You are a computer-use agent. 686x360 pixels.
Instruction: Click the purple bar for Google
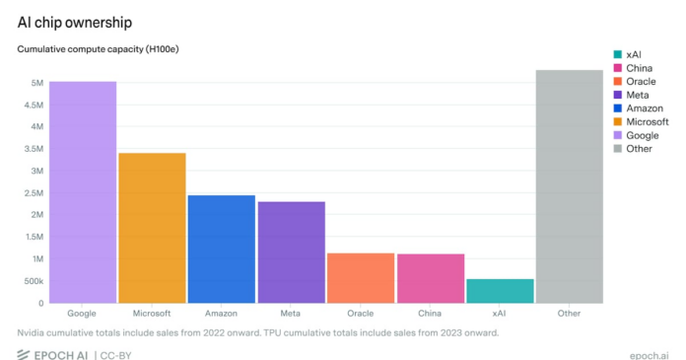point(83,192)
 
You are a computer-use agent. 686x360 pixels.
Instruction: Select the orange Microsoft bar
point(153,228)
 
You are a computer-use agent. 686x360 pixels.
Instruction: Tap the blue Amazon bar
point(222,249)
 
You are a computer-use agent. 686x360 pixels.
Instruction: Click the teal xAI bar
point(500,291)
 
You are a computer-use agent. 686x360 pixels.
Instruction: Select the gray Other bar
point(569,186)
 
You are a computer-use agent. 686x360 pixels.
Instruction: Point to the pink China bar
point(431,278)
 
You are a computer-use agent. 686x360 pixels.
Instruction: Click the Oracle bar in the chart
point(361,278)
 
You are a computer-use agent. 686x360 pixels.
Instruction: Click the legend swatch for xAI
point(617,54)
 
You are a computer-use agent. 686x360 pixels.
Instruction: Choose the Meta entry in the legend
point(640,95)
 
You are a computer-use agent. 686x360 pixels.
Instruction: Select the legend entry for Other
point(640,149)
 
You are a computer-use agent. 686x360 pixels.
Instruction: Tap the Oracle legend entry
point(642,81)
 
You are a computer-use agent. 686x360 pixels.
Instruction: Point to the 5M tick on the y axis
point(35,83)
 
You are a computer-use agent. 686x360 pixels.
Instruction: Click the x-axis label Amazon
point(222,314)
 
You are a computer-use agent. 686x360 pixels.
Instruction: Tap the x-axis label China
point(431,314)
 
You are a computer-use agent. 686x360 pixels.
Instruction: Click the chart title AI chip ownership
point(75,21)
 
